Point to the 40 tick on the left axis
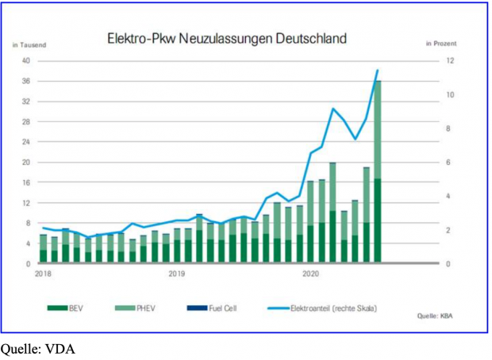(26, 61)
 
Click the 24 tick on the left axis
(26, 142)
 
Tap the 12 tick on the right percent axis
(448, 61)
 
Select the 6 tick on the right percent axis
(448, 163)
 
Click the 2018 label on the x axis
(43, 274)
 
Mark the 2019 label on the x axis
(177, 274)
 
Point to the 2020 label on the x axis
(310, 274)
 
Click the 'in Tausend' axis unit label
(29, 45)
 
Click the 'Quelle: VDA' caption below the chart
(38, 347)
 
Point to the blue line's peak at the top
(378, 71)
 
